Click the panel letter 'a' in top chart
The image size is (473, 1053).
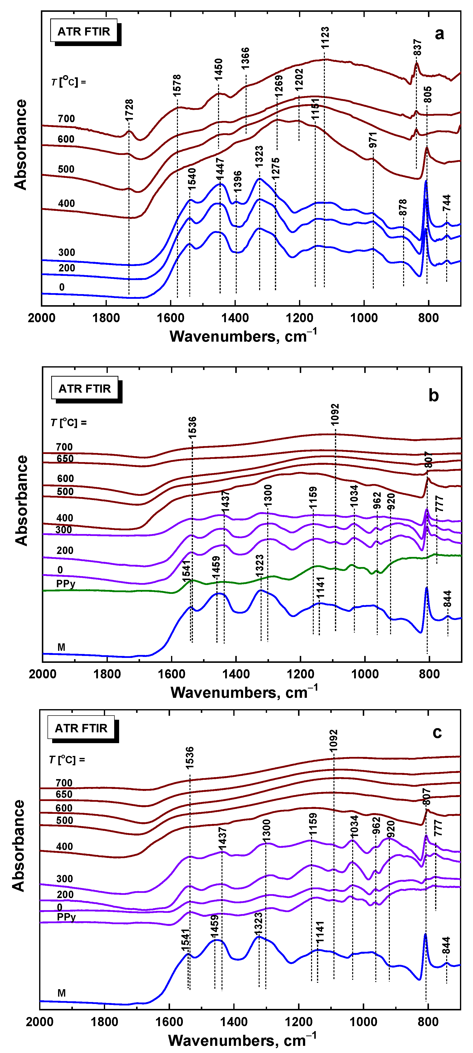click(439, 33)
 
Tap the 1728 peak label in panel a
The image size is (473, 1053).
click(129, 110)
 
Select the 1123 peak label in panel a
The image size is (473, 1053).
click(325, 38)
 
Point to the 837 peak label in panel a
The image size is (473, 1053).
click(417, 48)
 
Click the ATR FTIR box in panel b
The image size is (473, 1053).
click(85, 388)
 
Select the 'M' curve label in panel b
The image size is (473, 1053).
click(61, 647)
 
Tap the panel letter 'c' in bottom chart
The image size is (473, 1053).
click(437, 733)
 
